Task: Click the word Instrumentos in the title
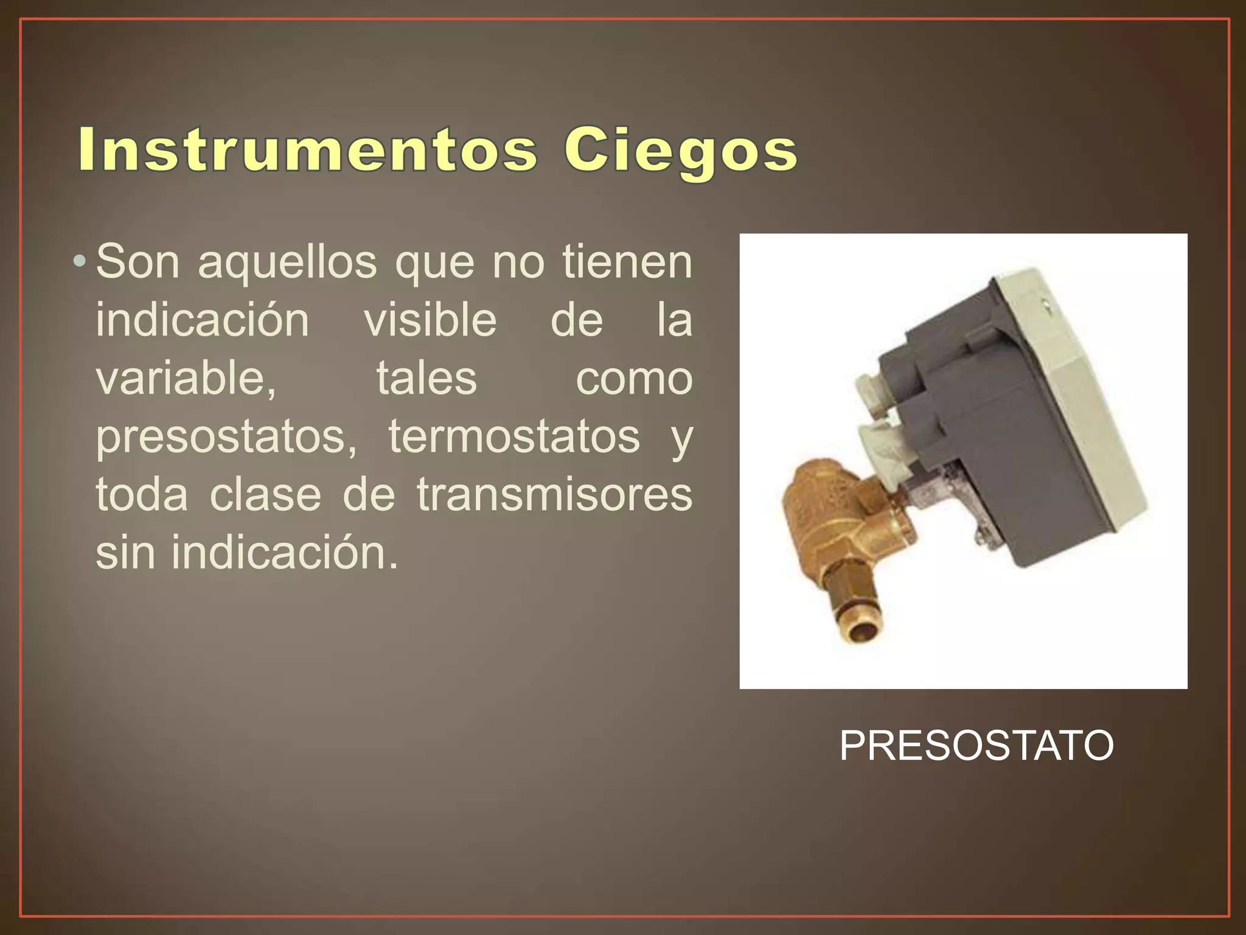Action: (308, 150)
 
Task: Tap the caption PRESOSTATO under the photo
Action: (976, 746)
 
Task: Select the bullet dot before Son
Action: (78, 262)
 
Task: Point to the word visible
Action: (430, 320)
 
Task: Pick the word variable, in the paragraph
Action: (186, 379)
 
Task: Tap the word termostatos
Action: (514, 436)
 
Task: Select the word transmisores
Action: (554, 495)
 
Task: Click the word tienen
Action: (627, 262)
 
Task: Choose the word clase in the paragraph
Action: (265, 495)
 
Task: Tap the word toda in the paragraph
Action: (142, 495)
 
